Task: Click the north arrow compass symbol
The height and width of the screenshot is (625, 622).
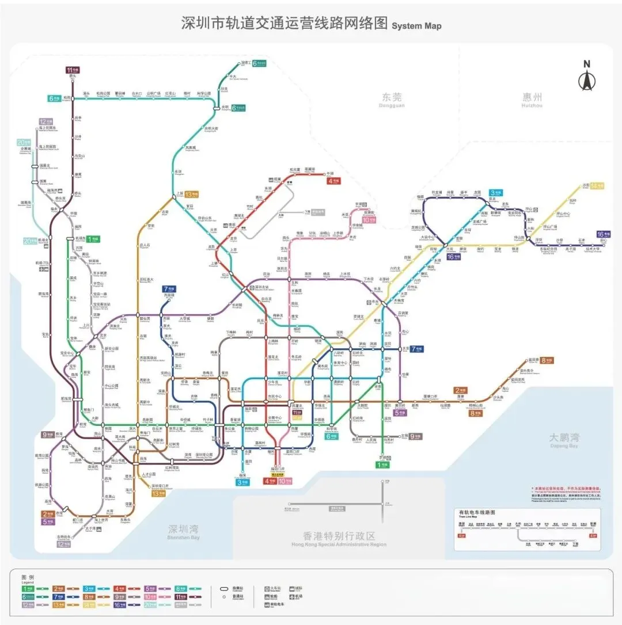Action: pyautogui.click(x=587, y=77)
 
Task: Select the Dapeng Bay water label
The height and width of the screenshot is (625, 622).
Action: pyautogui.click(x=564, y=440)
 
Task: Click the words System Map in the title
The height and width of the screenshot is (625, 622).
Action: pyautogui.click(x=416, y=26)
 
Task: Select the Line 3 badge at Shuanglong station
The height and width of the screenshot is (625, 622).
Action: pyautogui.click(x=496, y=192)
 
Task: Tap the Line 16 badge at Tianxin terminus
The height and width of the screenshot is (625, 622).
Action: pyautogui.click(x=602, y=234)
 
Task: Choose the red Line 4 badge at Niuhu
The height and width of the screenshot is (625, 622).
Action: pyautogui.click(x=333, y=180)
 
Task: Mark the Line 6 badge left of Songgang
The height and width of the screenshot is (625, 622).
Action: pyautogui.click(x=54, y=98)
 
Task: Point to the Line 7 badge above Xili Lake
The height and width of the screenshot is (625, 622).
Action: pyautogui.click(x=169, y=289)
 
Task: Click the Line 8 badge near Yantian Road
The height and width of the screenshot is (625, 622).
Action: pyautogui.click(x=547, y=360)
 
